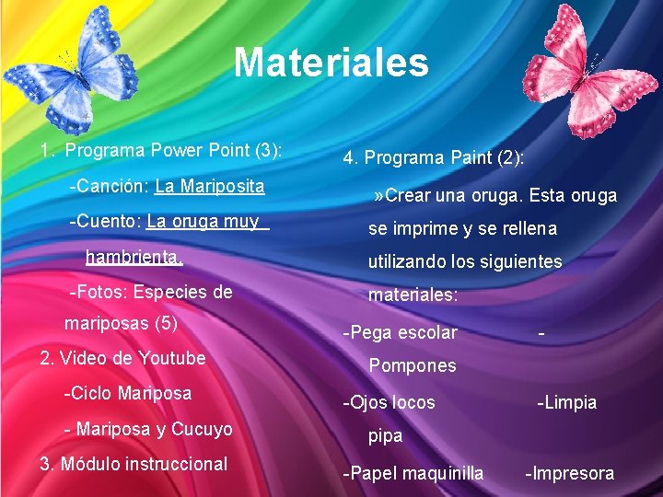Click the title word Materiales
coord(331,64)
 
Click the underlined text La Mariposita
coord(210,187)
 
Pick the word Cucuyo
coord(202,430)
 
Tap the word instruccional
coord(182,464)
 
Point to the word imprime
coord(432,228)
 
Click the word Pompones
coord(413,366)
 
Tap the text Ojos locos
coord(390,402)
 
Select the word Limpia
coord(571,402)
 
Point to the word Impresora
coord(573,473)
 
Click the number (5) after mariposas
coord(167,324)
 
